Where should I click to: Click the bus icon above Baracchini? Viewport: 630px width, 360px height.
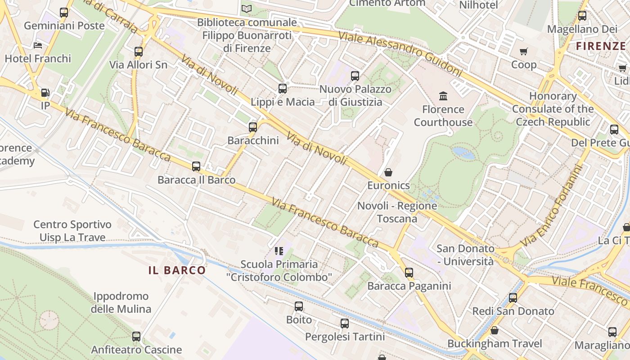253,127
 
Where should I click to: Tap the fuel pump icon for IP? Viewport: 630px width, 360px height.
45,93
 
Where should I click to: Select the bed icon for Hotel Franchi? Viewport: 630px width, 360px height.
38,45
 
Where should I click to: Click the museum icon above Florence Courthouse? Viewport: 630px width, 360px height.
443,96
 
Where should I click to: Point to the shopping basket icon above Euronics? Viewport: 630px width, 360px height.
388,172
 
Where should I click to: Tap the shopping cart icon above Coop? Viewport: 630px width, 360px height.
523,51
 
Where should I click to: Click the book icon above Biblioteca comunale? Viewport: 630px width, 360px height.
247,9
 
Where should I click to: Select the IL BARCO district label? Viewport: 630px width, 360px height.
177,270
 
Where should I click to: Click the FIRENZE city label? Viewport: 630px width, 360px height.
601,46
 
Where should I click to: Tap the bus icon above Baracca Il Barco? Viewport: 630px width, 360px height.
196,166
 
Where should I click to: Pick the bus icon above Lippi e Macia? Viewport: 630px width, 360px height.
283,89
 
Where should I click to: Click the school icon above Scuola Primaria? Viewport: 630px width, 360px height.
279,251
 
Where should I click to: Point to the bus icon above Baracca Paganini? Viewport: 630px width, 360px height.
409,273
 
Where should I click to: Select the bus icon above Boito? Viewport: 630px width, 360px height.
299,306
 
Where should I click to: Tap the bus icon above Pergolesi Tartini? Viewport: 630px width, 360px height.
345,324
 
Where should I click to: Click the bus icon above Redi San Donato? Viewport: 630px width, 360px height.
513,298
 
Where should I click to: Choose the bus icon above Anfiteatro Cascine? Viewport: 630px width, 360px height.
136,337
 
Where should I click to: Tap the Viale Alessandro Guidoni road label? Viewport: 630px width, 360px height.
400,54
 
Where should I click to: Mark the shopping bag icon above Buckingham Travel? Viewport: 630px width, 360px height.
495,331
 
